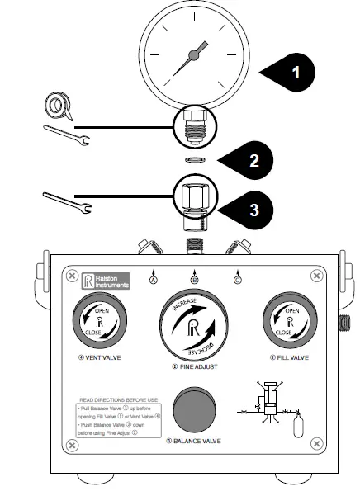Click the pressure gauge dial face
point(193,54)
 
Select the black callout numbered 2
point(254,159)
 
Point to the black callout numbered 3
point(254,209)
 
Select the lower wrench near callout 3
point(65,199)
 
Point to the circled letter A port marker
point(153,280)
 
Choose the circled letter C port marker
point(238,280)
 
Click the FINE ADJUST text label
point(193,366)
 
